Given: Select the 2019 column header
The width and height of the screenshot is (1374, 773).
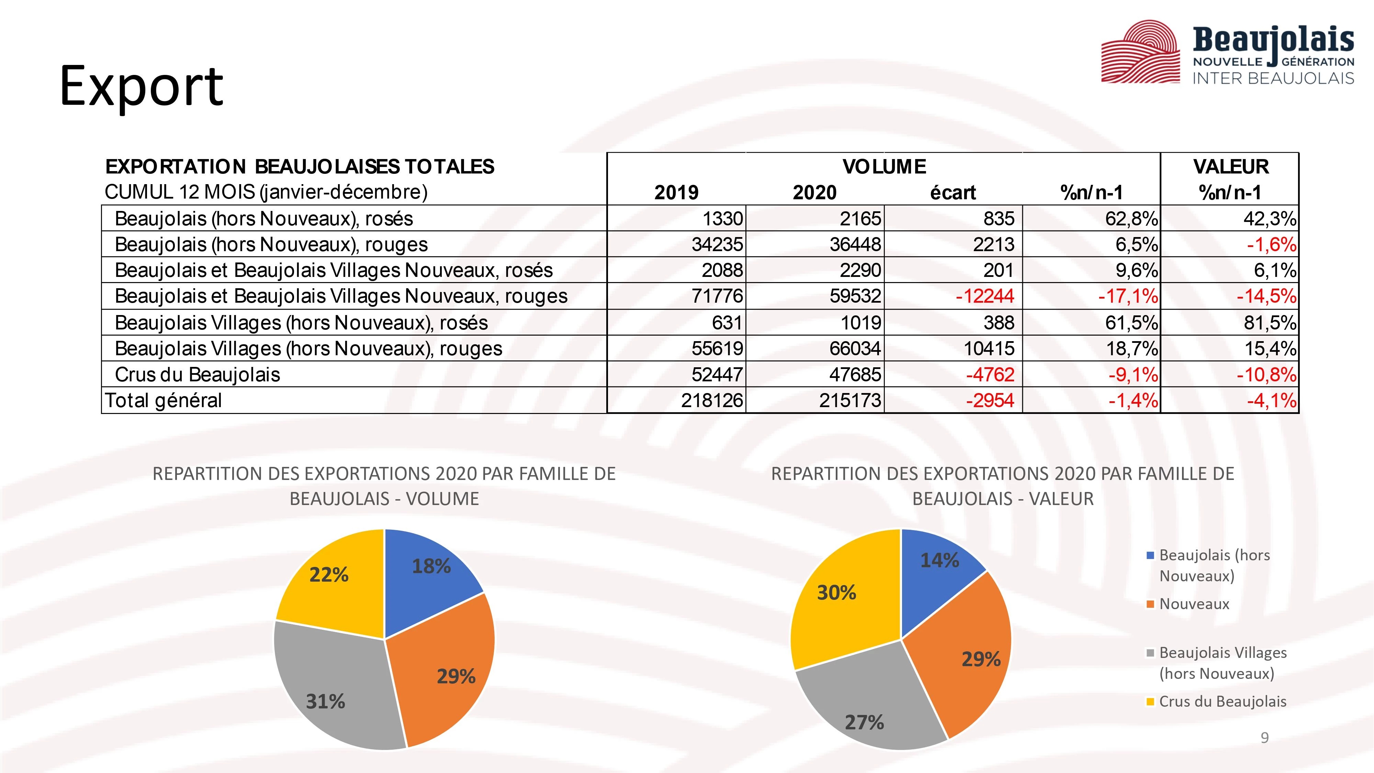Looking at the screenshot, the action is coord(676,192).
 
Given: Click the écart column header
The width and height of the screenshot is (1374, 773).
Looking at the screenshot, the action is coord(953,192).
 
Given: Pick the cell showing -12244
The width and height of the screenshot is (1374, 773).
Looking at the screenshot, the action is coord(984,296).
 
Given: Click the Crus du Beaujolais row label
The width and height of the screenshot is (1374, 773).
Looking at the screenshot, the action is coord(198,374).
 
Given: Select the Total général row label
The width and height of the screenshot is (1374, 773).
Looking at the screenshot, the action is coord(163,400).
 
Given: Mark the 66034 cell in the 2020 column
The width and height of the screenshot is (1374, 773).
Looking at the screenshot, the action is coord(855,348).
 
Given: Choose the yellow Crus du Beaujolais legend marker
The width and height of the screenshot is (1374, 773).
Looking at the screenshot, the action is coord(1150,702).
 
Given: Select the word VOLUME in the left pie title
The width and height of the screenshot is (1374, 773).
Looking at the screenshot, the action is coord(443,499).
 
